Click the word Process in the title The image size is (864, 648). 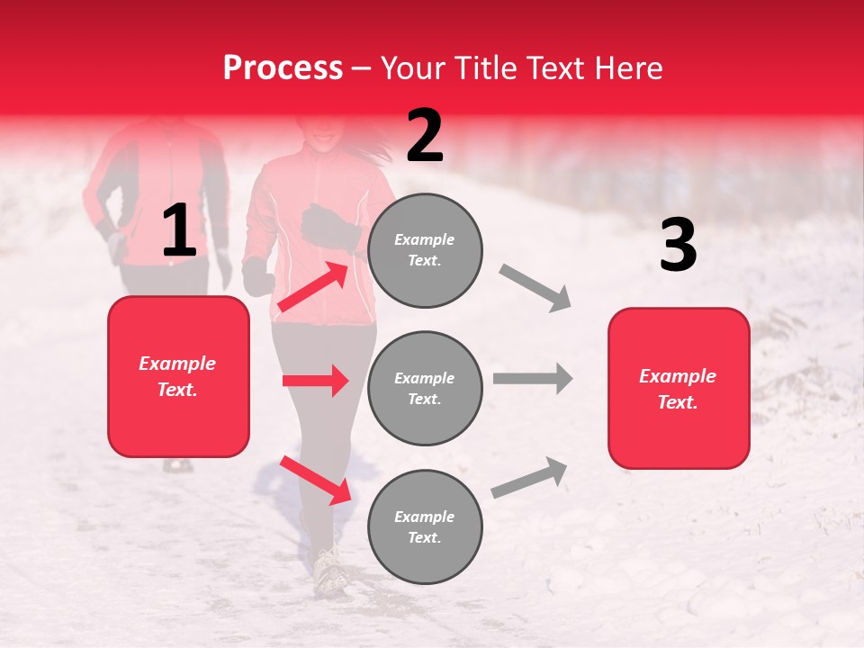283,67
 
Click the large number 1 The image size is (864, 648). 179,231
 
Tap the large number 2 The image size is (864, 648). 425,136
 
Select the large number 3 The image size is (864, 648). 678,245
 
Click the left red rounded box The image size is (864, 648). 178,376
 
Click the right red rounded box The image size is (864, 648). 679,388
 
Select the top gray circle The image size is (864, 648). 425,250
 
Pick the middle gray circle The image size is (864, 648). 425,388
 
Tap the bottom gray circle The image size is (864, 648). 425,526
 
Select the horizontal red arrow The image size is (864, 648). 315,381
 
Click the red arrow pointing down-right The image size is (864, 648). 315,480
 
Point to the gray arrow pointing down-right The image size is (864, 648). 535,288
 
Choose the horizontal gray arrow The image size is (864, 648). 532,379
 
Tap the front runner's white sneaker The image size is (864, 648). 329,572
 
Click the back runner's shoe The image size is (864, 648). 177,465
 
